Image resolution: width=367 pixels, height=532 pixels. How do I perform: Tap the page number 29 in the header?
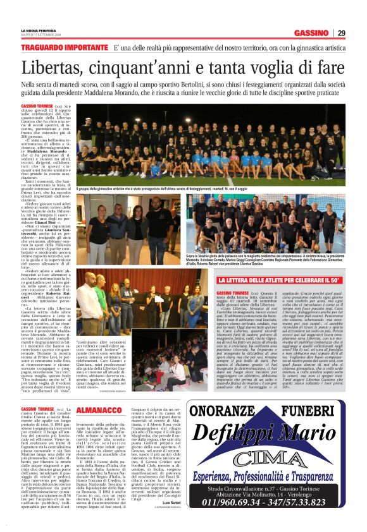[x=341, y=33]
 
